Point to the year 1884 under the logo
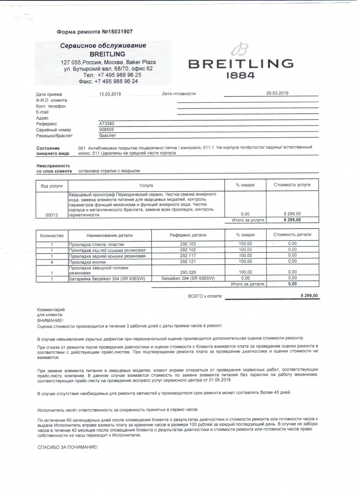(240, 76)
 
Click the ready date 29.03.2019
(277, 93)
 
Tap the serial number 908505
(107, 130)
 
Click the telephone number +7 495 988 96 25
(119, 75)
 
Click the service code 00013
(51, 215)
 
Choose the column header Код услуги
(51, 186)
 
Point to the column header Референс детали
(188, 235)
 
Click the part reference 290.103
(188, 244)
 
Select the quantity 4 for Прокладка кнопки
(51, 262)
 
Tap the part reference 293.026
(188, 272)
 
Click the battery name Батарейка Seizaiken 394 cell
(107, 278)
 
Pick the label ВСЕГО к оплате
(205, 296)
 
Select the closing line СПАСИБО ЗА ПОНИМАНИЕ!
(67, 447)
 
